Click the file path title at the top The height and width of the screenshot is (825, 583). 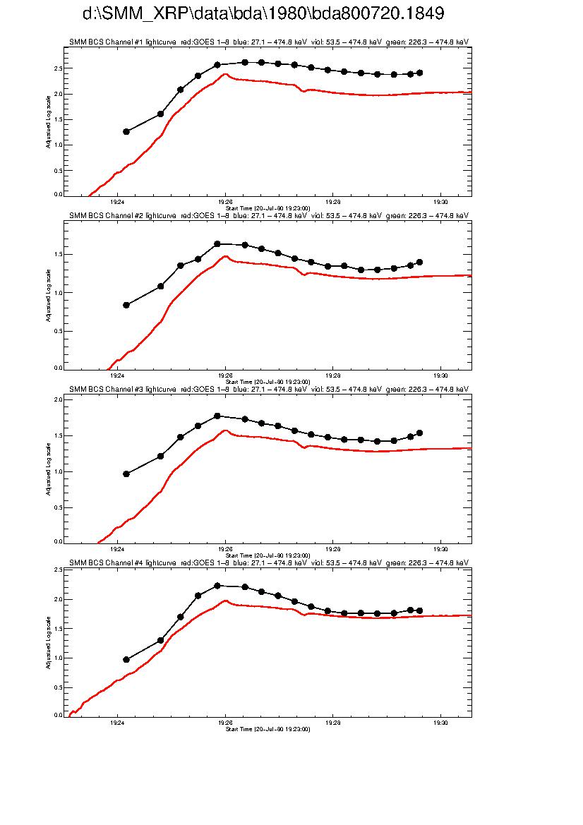pyautogui.click(x=263, y=14)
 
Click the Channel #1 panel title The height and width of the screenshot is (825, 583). pyautogui.click(x=268, y=42)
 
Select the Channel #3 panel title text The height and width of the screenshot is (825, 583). pyautogui.click(x=268, y=390)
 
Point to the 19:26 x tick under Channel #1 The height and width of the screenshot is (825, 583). pyautogui.click(x=225, y=201)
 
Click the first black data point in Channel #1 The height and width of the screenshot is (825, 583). pyautogui.click(x=126, y=131)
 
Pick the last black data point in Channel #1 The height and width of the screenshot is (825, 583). pyautogui.click(x=420, y=73)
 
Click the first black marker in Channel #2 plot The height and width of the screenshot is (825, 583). pyautogui.click(x=126, y=305)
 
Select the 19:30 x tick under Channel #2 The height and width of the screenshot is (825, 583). pyautogui.click(x=440, y=375)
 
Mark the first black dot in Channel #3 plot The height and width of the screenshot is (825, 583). pyautogui.click(x=126, y=474)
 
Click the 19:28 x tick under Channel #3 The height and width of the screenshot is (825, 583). pyautogui.click(x=333, y=548)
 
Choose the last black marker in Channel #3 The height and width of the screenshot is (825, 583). pyautogui.click(x=420, y=433)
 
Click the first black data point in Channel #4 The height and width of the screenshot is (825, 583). pyautogui.click(x=126, y=659)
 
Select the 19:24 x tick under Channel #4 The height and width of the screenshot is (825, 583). pyautogui.click(x=117, y=723)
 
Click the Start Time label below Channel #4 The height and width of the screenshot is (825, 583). pyautogui.click(x=268, y=729)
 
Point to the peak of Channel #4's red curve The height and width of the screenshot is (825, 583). pyautogui.click(x=225, y=601)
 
